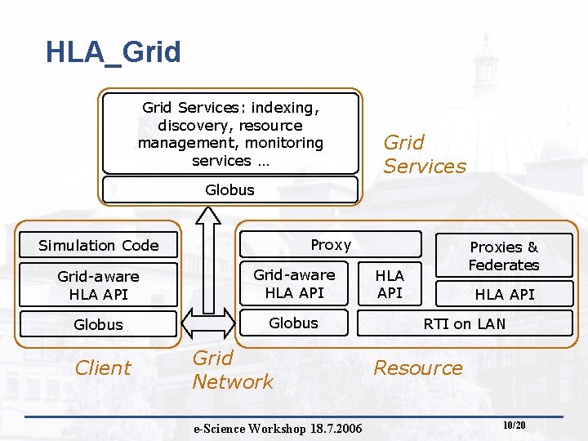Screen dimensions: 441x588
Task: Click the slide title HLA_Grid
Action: click(x=113, y=53)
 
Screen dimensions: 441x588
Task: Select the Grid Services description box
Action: click(x=230, y=133)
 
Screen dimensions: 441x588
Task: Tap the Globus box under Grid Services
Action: click(x=230, y=190)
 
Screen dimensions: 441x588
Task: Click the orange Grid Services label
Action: click(x=424, y=154)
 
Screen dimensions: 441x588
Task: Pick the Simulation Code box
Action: click(x=98, y=245)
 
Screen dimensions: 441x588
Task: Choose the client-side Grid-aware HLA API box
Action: click(x=98, y=285)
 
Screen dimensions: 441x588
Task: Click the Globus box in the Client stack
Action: click(x=98, y=324)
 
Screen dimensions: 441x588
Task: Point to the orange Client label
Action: click(x=102, y=368)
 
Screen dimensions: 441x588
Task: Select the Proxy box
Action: click(x=330, y=244)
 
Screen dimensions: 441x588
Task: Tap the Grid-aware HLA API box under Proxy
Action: click(x=294, y=283)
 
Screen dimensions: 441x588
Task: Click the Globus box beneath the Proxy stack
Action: click(x=294, y=323)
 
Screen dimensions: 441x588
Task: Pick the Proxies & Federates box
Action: click(x=504, y=256)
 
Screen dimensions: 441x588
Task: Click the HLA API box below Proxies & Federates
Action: click(x=504, y=294)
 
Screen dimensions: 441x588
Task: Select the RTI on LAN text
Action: click(x=464, y=323)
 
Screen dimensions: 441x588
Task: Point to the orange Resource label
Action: click(x=417, y=368)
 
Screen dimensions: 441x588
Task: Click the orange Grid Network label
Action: click(x=233, y=370)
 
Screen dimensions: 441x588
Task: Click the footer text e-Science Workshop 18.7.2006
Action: click(x=278, y=429)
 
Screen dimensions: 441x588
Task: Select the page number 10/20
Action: click(x=514, y=425)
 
